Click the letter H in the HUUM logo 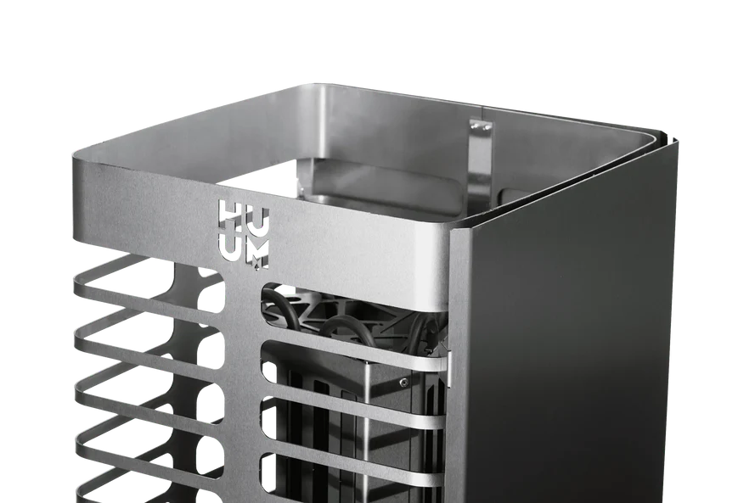coord(227,216)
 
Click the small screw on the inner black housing coord(403,382)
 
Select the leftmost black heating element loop coord(273,303)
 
